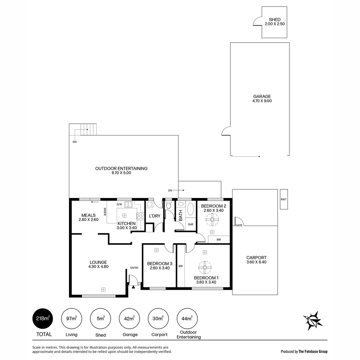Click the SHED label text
pyautogui.click(x=275, y=20)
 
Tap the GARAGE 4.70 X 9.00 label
pyautogui.click(x=262, y=99)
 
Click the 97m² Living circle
pyautogui.click(x=71, y=318)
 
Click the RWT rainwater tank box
pyautogui.click(x=284, y=199)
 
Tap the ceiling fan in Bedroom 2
pyautogui.click(x=212, y=220)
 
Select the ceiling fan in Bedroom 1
pyautogui.click(x=205, y=267)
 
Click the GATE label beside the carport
pyautogui.click(x=239, y=225)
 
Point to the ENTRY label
pyautogui.click(x=134, y=268)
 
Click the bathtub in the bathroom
pyautogui.click(x=191, y=210)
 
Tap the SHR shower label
pyautogui.click(x=190, y=224)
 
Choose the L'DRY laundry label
pyautogui.click(x=154, y=216)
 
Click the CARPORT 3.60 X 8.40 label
pyautogui.click(x=256, y=260)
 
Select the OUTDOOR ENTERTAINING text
pyautogui.click(x=121, y=169)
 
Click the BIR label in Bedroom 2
pyautogui.click(x=219, y=239)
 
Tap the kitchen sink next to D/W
pyautogui.click(x=128, y=204)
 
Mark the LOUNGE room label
pyautogui.click(x=98, y=262)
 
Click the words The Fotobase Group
pyautogui.click(x=313, y=351)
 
